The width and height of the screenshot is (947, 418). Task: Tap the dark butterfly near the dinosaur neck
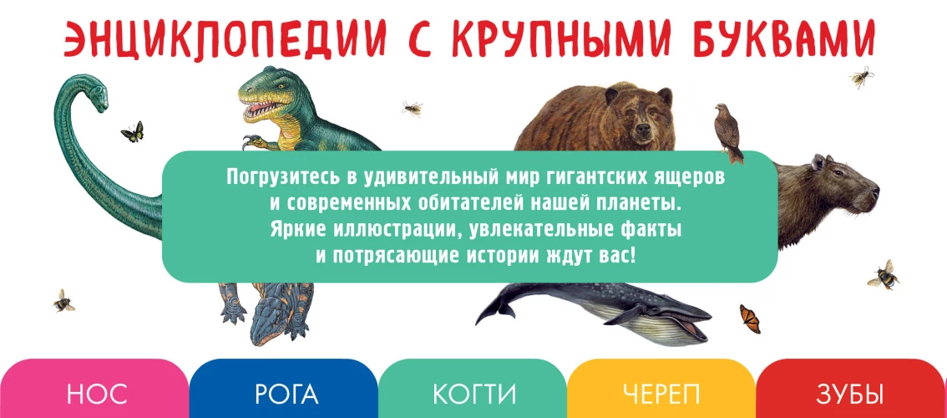132,131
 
